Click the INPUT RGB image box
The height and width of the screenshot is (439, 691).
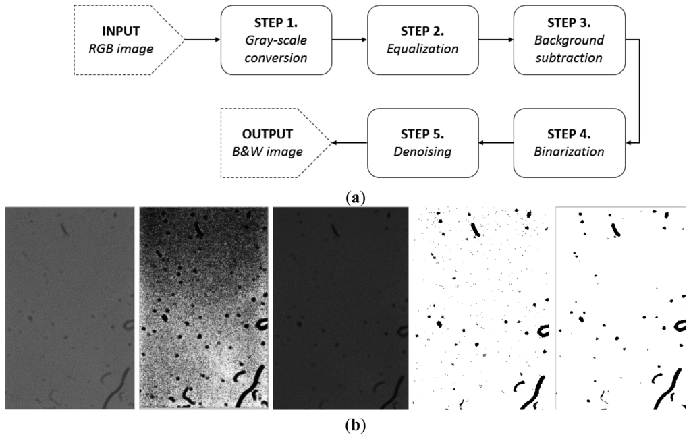[x=126, y=40]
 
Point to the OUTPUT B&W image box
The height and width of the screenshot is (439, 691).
[x=274, y=142]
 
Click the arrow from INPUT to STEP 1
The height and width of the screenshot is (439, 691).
[x=202, y=40]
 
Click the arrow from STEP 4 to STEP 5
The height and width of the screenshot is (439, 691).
[x=496, y=142]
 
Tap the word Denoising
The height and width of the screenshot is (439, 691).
[x=423, y=152]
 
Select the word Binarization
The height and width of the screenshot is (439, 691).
[x=569, y=152]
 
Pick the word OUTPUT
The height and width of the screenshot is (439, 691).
[x=265, y=134]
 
